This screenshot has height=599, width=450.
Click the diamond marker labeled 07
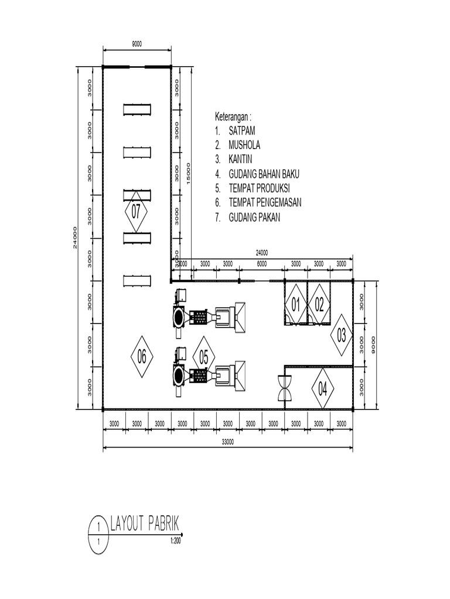[x=136, y=212]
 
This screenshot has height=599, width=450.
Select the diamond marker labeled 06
[x=141, y=356]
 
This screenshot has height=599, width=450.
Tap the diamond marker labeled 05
[x=204, y=356]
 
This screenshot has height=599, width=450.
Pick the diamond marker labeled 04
[x=322, y=388]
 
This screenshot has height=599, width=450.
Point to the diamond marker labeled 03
[x=341, y=336]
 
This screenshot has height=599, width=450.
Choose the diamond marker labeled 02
[x=319, y=304]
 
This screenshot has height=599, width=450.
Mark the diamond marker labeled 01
[x=295, y=304]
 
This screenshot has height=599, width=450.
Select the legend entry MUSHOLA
[x=245, y=145]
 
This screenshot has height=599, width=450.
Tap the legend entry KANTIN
[x=241, y=159]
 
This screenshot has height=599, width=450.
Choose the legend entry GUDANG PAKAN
[x=255, y=217]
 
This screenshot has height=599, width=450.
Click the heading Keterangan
[x=237, y=116]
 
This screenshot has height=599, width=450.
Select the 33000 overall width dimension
[x=228, y=442]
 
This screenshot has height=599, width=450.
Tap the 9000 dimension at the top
[x=137, y=44]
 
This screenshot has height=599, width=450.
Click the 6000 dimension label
[x=262, y=264]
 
